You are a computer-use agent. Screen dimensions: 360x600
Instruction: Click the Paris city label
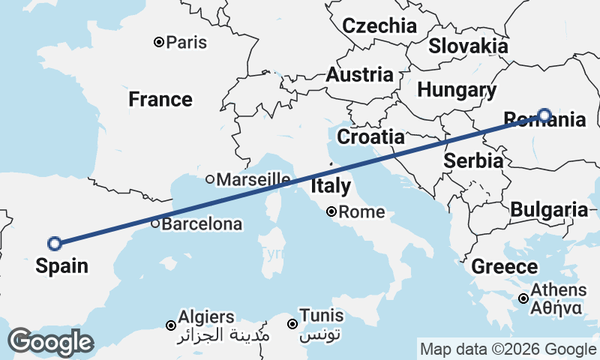point(187,43)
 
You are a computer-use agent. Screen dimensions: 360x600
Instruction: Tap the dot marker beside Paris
point(159,42)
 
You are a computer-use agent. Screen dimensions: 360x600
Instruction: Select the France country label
point(160,99)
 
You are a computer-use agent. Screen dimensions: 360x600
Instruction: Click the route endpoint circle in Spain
point(54,243)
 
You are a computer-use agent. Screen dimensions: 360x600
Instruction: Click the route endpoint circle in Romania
point(544,115)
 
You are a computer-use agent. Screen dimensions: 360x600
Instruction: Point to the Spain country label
point(61,265)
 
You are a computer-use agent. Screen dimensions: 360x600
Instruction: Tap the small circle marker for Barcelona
point(155,223)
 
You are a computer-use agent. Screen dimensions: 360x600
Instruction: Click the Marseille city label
point(253,179)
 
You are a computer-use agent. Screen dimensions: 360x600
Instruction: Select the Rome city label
point(361,212)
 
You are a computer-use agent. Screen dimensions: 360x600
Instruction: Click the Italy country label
point(330,185)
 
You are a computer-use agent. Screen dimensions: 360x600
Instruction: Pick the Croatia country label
point(370,137)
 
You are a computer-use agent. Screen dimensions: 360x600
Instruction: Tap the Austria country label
point(359,75)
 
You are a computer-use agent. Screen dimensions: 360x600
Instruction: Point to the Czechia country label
point(379,26)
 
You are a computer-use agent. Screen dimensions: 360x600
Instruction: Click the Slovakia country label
point(468,46)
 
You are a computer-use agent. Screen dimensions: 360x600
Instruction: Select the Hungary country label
point(457,91)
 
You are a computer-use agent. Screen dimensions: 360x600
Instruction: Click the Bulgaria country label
point(549,210)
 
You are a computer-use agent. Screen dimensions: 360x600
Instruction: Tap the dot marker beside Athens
point(523,298)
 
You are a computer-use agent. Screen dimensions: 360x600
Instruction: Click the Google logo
point(50,342)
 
